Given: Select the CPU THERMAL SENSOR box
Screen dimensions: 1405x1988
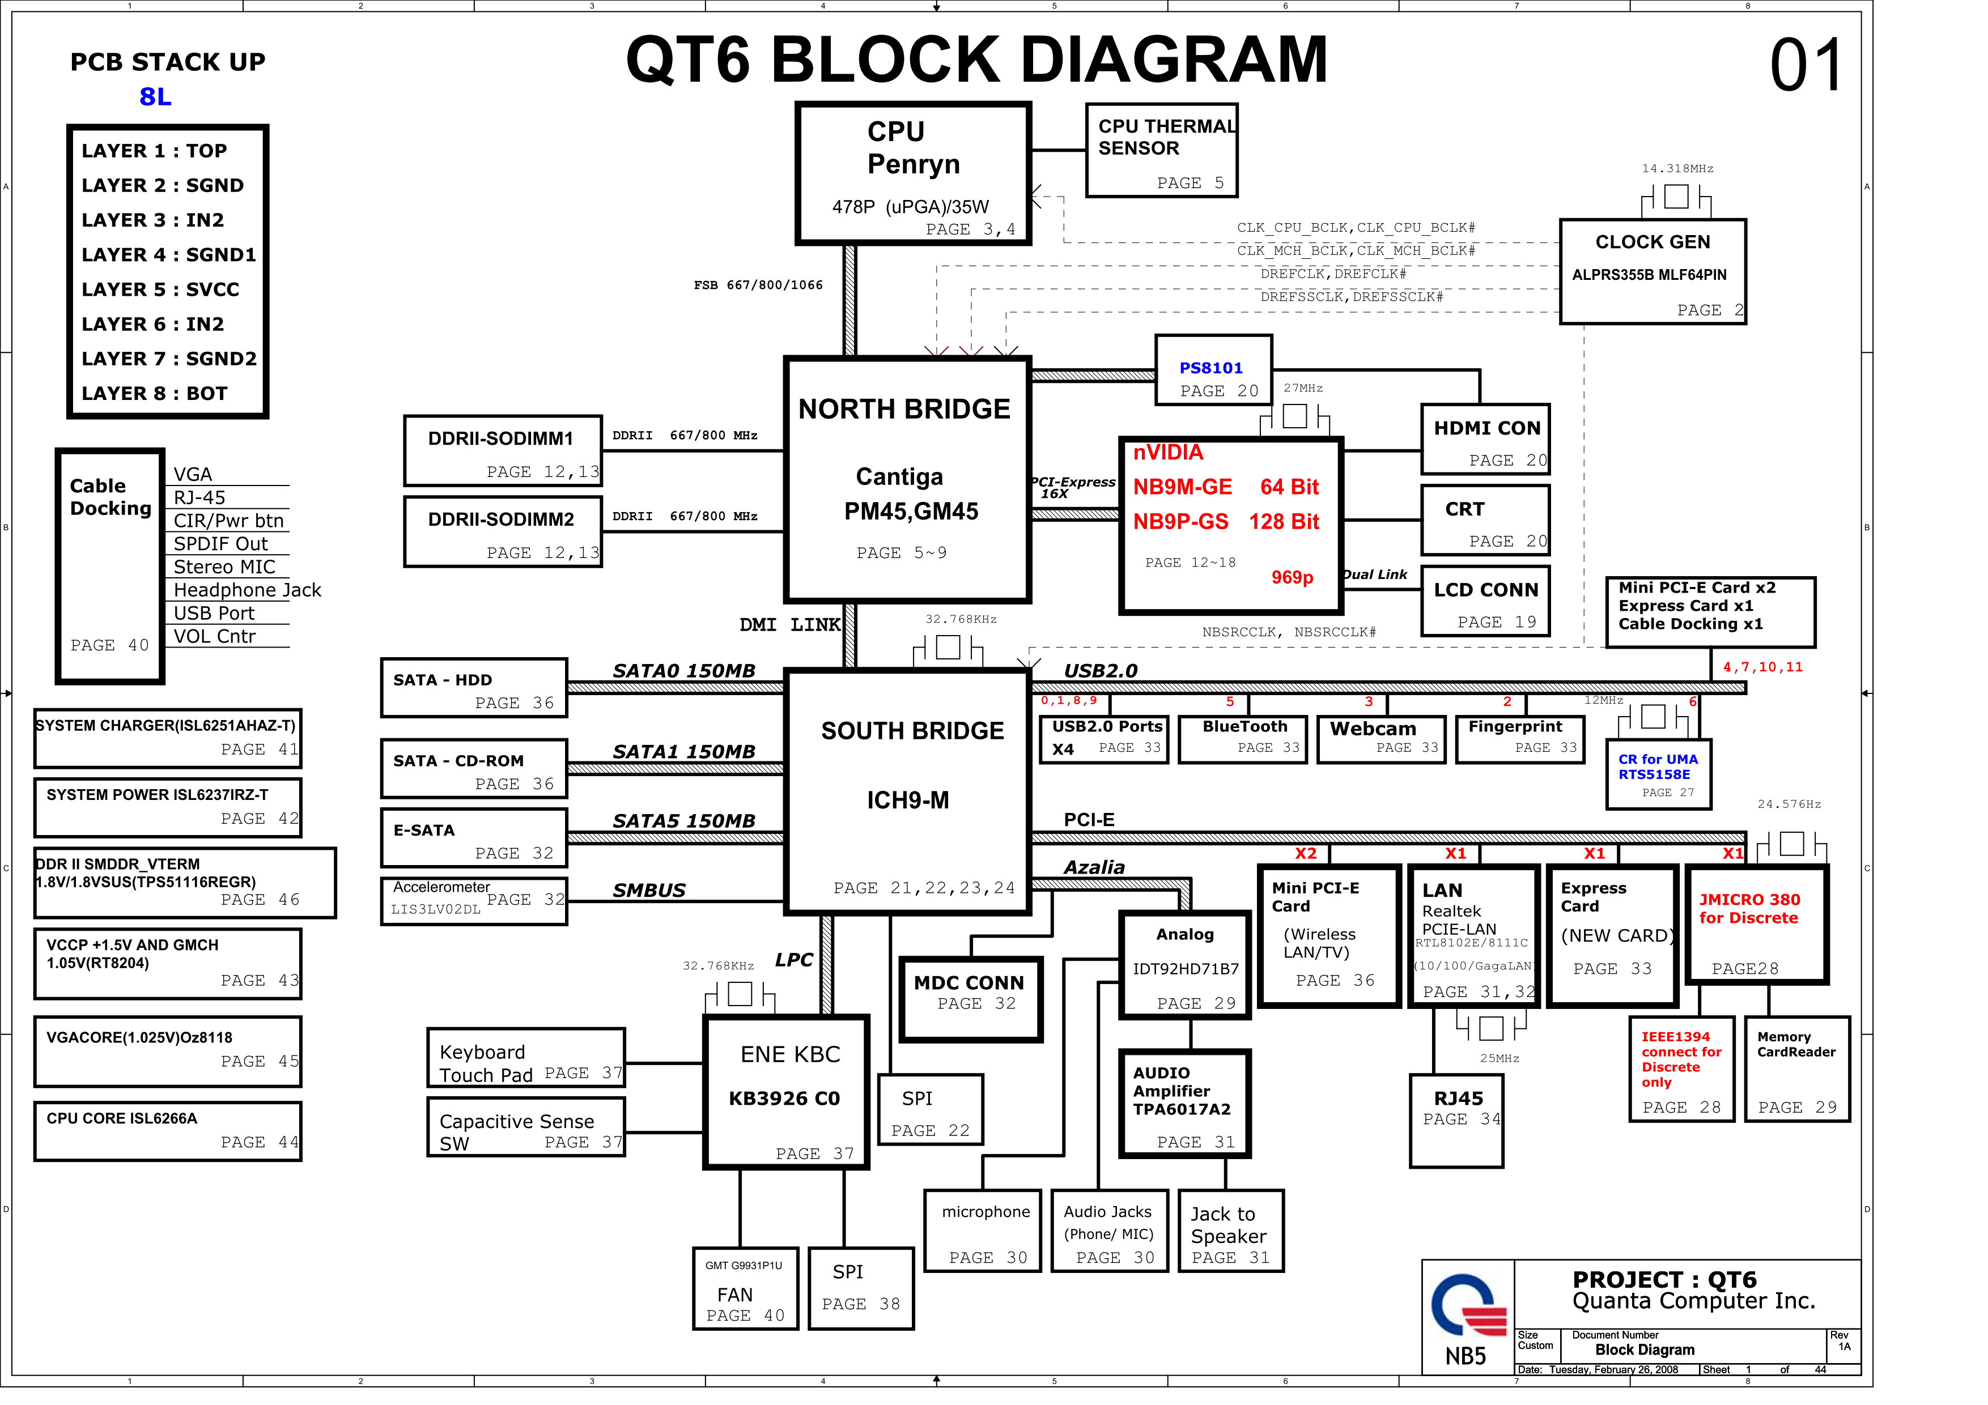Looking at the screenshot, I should (1161, 151).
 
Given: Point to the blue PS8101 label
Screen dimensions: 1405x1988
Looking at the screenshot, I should (1210, 368).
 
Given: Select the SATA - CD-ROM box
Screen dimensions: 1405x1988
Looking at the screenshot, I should (474, 769).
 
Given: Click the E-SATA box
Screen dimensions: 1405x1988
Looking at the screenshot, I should (474, 838).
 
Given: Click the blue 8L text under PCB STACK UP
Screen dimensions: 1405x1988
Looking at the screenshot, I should (156, 97).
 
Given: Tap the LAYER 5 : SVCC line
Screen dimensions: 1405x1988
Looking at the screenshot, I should (160, 289).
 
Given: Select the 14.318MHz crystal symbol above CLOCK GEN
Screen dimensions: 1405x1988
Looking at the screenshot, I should (1676, 197).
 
